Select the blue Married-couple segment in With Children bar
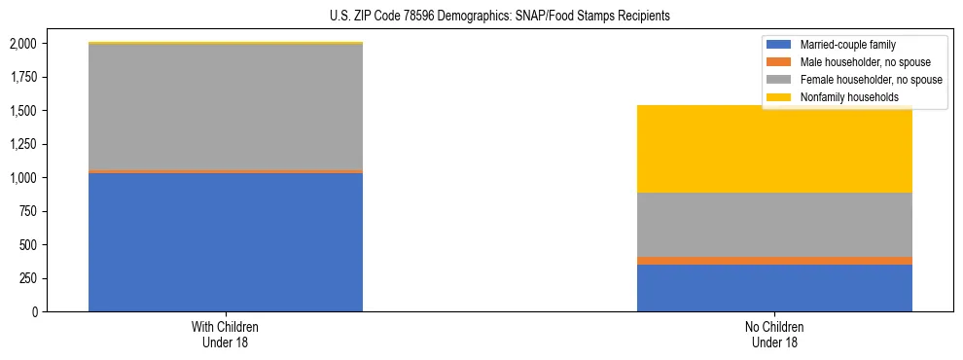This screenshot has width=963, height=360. tap(226, 242)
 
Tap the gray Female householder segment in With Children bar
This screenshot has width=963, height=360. tap(226, 107)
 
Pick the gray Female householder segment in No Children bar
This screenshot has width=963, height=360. tap(774, 225)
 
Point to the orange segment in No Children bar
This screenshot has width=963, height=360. tap(774, 261)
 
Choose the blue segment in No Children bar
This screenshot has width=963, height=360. tap(774, 288)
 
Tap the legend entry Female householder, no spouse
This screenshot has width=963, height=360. tap(871, 80)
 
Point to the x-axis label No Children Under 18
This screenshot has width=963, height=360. tap(774, 335)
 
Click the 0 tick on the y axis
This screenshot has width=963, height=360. tap(34, 312)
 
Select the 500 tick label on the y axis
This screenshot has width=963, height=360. tap(28, 245)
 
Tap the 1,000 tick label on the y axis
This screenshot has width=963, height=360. tap(23, 178)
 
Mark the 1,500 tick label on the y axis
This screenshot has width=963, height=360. tap(23, 111)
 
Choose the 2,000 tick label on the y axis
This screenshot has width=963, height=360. tap(23, 44)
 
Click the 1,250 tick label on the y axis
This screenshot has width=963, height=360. tap(23, 144)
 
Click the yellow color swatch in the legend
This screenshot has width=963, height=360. tap(779, 97)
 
